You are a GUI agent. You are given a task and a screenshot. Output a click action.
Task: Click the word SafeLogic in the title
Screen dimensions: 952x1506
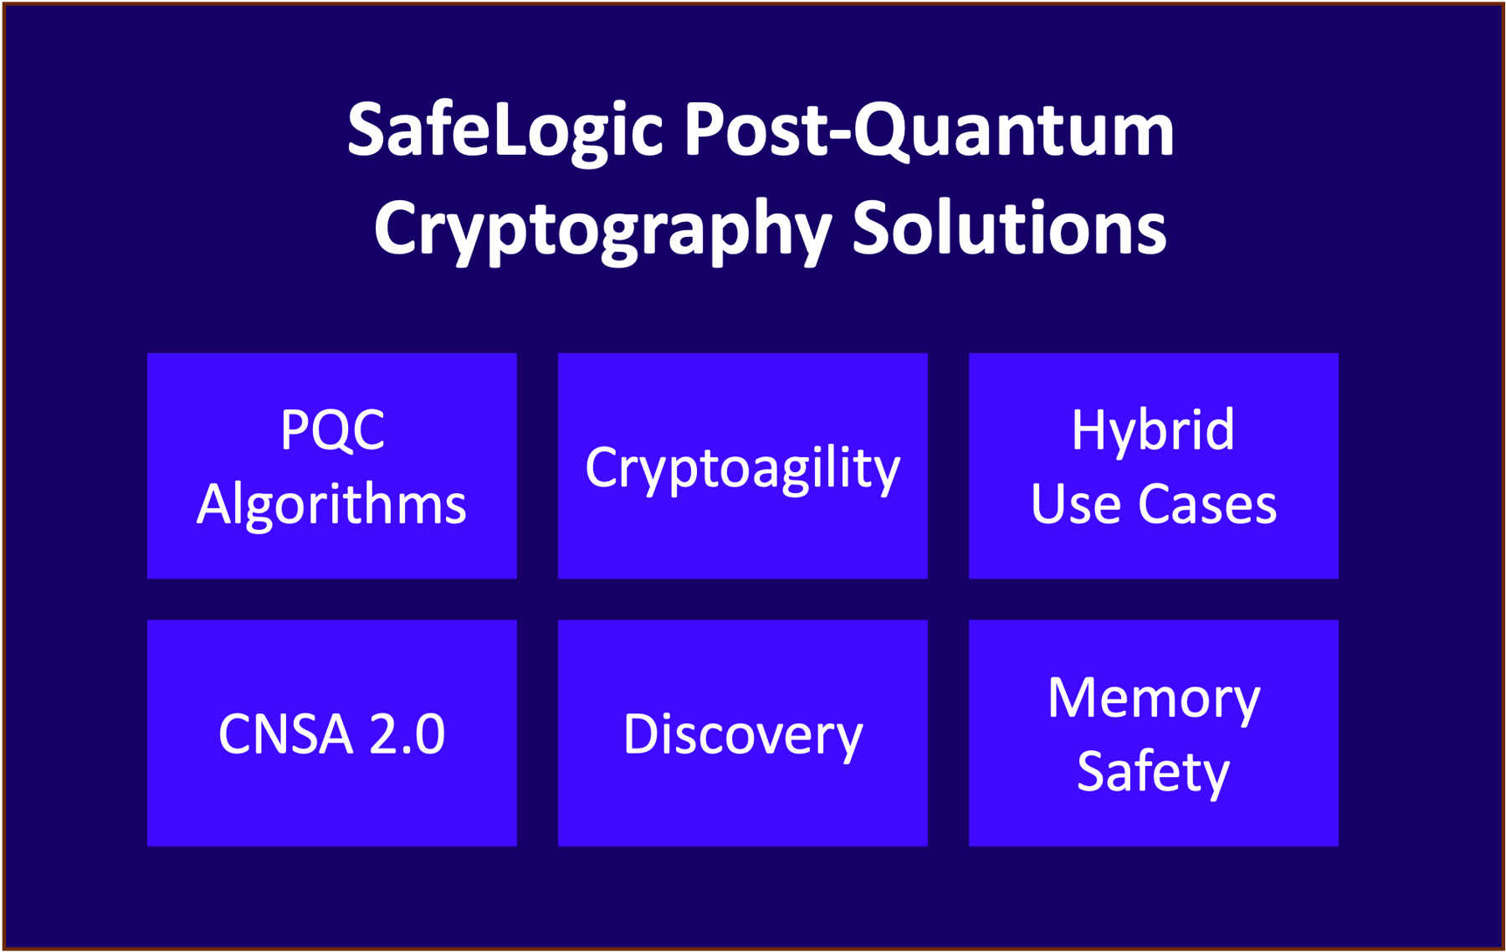(505, 131)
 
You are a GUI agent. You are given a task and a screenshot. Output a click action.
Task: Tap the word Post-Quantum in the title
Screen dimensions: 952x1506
(929, 131)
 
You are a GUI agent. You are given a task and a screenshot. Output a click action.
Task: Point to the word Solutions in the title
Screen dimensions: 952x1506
(1009, 229)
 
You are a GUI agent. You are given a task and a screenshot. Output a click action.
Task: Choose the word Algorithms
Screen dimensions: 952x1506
(332, 505)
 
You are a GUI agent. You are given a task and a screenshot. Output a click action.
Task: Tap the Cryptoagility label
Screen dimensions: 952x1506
(743, 468)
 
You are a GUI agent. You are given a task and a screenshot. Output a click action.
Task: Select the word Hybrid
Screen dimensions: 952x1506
(1153, 430)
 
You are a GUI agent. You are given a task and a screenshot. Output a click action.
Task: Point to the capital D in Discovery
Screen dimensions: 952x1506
(641, 734)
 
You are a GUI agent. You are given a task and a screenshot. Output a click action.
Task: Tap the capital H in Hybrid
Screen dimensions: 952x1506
(1089, 430)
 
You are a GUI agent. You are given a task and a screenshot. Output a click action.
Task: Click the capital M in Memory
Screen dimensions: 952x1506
(1073, 697)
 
